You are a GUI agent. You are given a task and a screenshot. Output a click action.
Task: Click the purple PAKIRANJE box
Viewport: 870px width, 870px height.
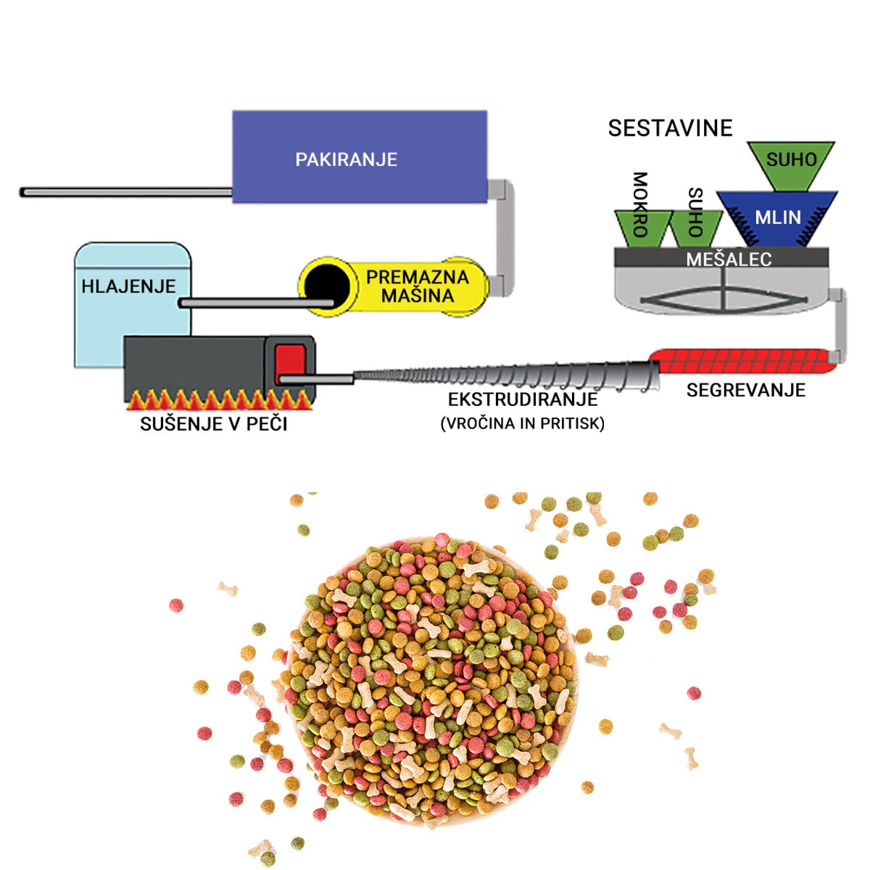(359, 157)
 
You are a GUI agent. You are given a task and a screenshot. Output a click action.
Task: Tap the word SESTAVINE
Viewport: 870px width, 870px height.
(670, 128)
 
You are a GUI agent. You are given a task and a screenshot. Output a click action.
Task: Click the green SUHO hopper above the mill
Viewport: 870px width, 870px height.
(790, 163)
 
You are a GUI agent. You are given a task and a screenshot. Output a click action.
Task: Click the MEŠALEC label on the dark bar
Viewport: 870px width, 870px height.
(729, 259)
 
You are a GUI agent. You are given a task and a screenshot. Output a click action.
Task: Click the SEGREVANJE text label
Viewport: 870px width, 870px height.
(745, 390)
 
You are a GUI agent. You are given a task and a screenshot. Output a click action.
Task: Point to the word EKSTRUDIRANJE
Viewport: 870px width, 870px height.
(523, 399)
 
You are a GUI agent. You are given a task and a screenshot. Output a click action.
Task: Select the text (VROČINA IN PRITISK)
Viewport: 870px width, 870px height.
(522, 423)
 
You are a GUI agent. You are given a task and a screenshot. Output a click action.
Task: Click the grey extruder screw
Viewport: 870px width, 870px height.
(507, 378)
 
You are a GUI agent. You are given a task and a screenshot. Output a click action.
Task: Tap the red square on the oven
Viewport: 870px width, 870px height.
(291, 360)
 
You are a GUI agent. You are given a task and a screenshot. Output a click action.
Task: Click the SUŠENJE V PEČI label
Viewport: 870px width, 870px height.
(213, 423)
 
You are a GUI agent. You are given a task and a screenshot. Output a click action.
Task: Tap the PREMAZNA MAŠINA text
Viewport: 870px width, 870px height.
(417, 286)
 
